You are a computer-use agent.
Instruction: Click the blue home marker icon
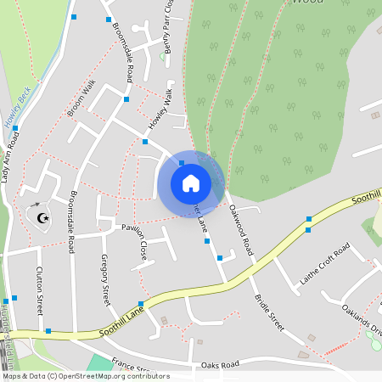(190, 183)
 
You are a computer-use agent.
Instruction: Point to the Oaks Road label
(220, 366)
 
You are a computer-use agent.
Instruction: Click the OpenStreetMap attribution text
(85, 376)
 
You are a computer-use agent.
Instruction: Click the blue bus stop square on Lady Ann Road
(15, 128)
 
